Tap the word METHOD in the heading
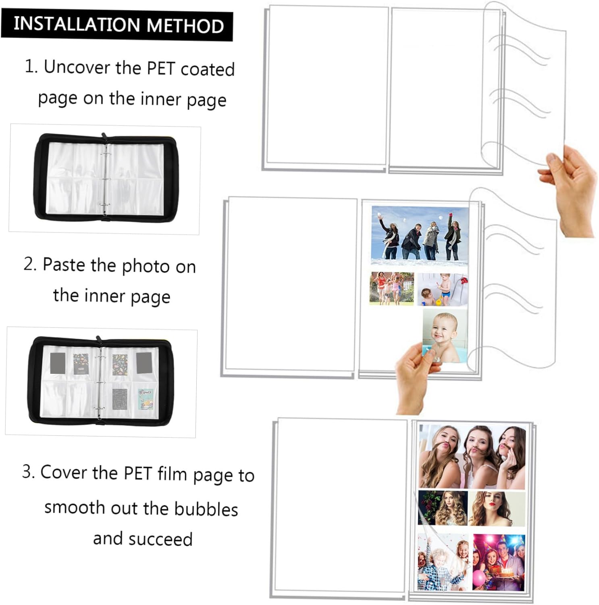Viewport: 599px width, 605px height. click(x=185, y=25)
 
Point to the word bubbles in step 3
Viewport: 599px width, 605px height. click(x=206, y=509)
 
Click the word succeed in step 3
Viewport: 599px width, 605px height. click(x=160, y=539)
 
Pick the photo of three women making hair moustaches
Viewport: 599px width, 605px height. click(x=472, y=456)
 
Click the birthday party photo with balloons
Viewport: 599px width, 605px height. click(x=499, y=562)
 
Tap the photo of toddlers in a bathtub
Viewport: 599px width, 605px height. click(x=442, y=290)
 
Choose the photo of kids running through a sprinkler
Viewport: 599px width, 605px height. click(x=391, y=288)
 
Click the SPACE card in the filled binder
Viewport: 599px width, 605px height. click(x=145, y=399)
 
